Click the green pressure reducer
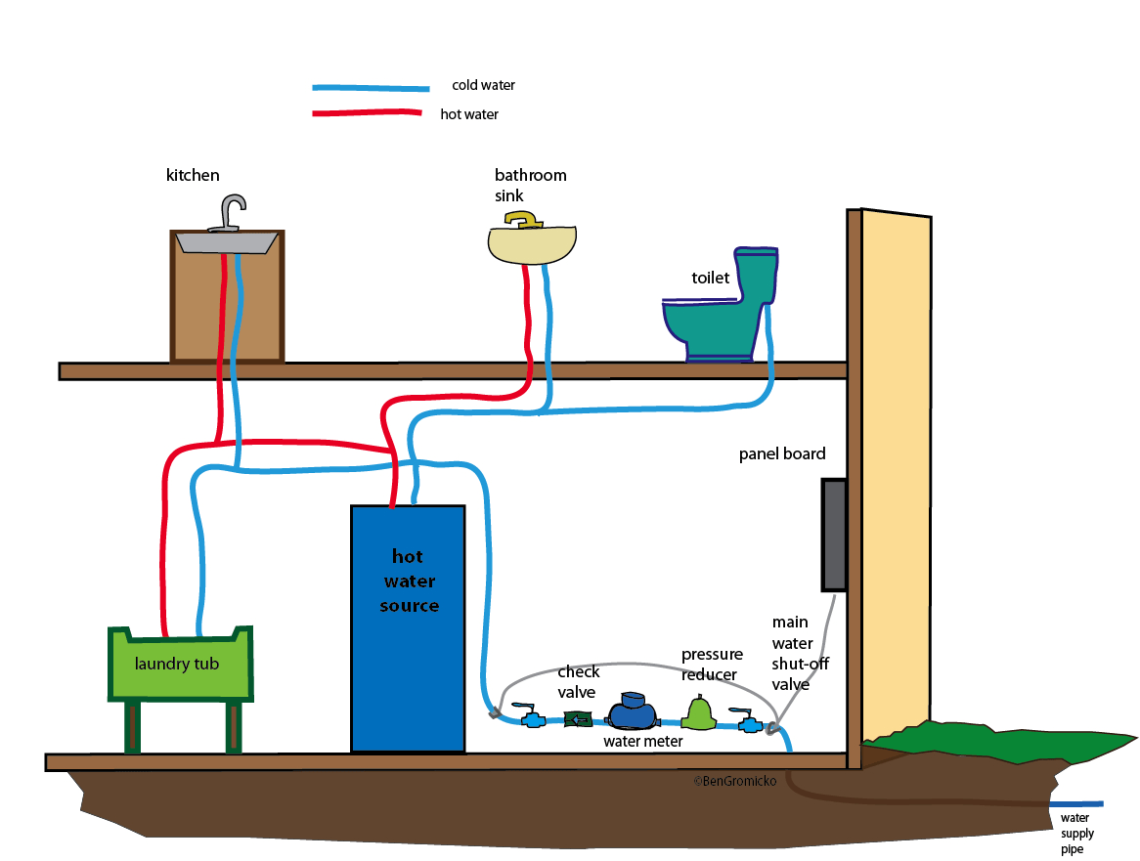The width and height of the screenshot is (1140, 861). click(x=699, y=713)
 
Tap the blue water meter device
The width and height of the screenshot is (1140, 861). click(x=632, y=712)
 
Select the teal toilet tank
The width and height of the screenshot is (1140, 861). click(x=758, y=277)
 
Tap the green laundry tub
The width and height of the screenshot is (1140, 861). click(x=179, y=665)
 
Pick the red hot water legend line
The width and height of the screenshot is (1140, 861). click(x=371, y=114)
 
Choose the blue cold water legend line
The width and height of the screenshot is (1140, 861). click(x=371, y=88)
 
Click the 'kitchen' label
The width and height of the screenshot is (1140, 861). click(x=193, y=176)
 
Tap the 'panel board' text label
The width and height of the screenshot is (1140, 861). click(x=782, y=453)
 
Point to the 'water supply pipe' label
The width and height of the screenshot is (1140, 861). click(x=1077, y=834)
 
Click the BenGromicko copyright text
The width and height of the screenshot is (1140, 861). click(x=734, y=781)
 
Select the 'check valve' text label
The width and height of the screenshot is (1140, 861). click(x=579, y=681)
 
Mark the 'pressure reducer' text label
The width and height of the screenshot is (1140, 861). click(x=712, y=663)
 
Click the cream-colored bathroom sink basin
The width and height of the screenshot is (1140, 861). click(x=533, y=246)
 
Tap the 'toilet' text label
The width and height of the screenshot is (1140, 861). click(x=711, y=279)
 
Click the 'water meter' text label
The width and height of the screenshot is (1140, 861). click(x=642, y=742)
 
